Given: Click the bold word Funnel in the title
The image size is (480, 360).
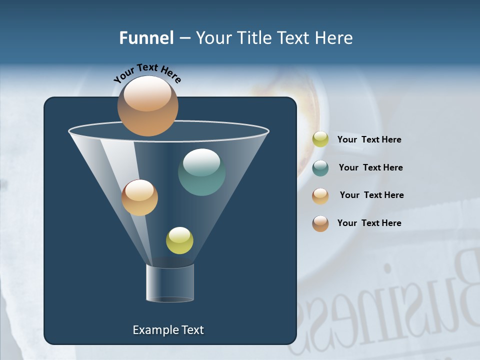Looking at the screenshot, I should pyautogui.click(x=146, y=38).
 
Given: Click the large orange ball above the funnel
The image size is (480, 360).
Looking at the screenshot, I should pyautogui.click(x=147, y=106).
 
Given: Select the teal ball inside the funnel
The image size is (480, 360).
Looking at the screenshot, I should pyautogui.click(x=201, y=172).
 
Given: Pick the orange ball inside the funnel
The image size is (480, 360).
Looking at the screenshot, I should pyautogui.click(x=139, y=197).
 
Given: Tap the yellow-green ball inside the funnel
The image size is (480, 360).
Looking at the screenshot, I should pyautogui.click(x=179, y=240).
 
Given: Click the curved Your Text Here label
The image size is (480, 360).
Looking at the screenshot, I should pyautogui.click(x=147, y=73).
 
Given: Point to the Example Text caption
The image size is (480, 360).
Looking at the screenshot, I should pyautogui.click(x=168, y=330).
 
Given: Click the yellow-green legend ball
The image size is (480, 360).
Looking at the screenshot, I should pyautogui.click(x=320, y=139).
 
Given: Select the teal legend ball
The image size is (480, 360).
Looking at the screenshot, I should pyautogui.click(x=320, y=168).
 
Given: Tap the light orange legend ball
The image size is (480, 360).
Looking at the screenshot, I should pyautogui.click(x=320, y=196).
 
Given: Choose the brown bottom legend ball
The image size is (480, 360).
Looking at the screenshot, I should pyautogui.click(x=320, y=223).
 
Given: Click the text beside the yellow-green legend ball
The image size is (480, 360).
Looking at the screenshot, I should pyautogui.click(x=369, y=139).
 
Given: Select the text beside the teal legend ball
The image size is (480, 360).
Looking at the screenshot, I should pyautogui.click(x=370, y=167).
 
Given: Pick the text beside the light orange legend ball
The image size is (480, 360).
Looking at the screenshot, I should pyautogui.click(x=371, y=195).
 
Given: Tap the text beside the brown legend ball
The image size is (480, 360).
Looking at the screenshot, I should pyautogui.click(x=369, y=223).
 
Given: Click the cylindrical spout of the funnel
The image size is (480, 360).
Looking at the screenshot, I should pyautogui.click(x=170, y=283).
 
